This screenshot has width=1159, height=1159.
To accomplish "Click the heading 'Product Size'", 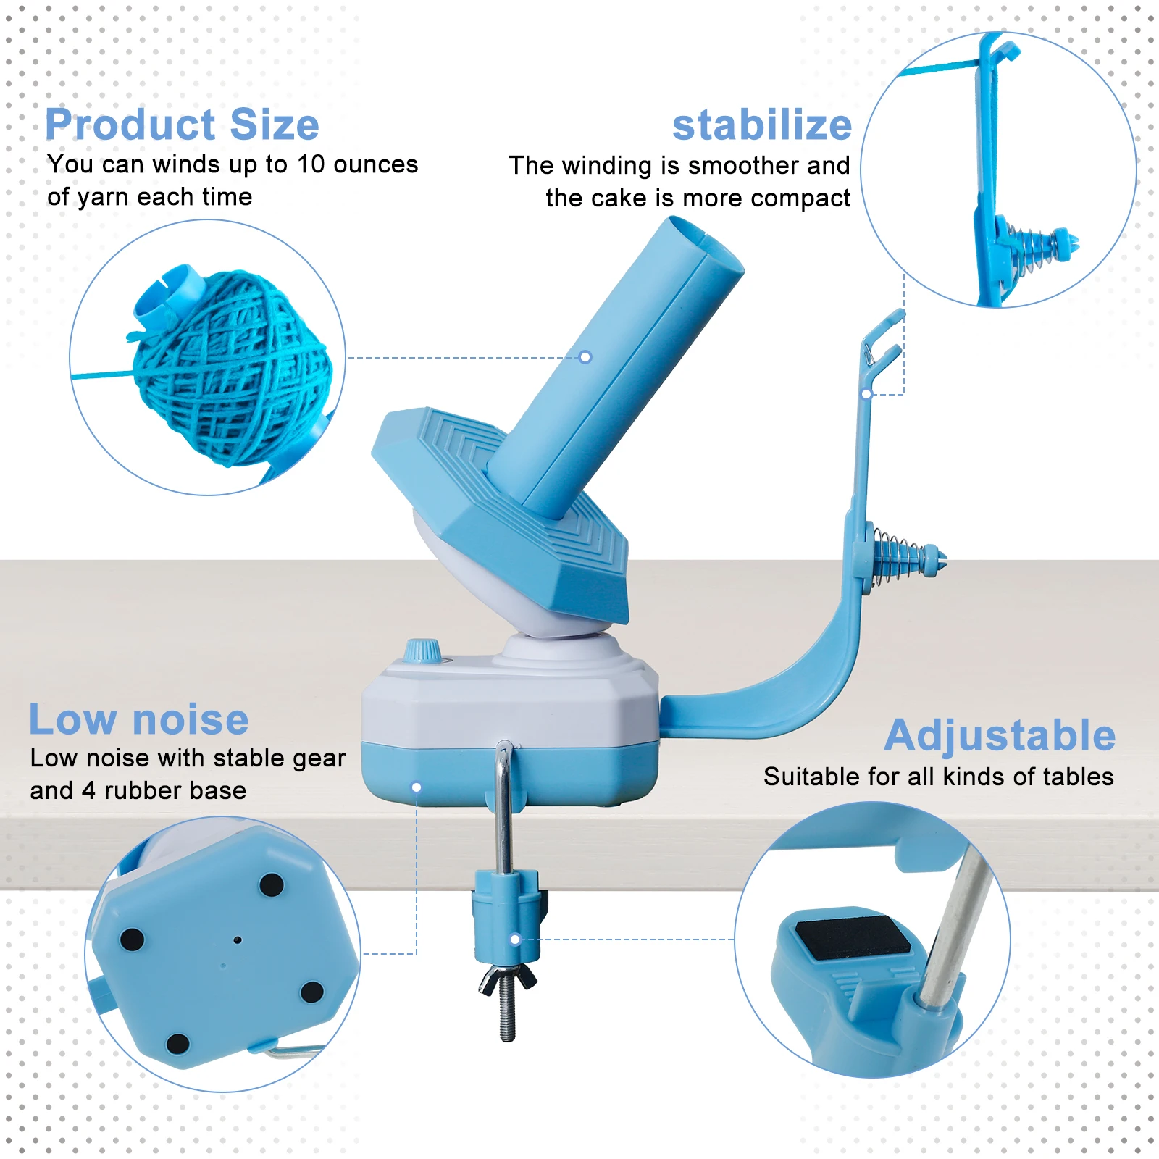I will coord(182,125).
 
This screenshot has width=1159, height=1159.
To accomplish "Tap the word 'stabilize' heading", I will coord(761,125).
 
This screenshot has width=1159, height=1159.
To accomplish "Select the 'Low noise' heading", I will coord(138,719).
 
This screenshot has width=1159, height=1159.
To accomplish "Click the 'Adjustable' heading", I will coord(1000,735).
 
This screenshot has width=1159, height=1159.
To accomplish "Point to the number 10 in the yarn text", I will coord(311,164).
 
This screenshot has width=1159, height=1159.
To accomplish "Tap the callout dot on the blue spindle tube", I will coord(585,357).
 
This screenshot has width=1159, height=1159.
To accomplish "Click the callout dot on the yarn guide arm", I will coord(866,394).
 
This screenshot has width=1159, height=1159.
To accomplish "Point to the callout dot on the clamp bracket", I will coord(515,940).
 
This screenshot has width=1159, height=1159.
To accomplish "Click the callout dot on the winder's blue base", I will coord(417,787).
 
